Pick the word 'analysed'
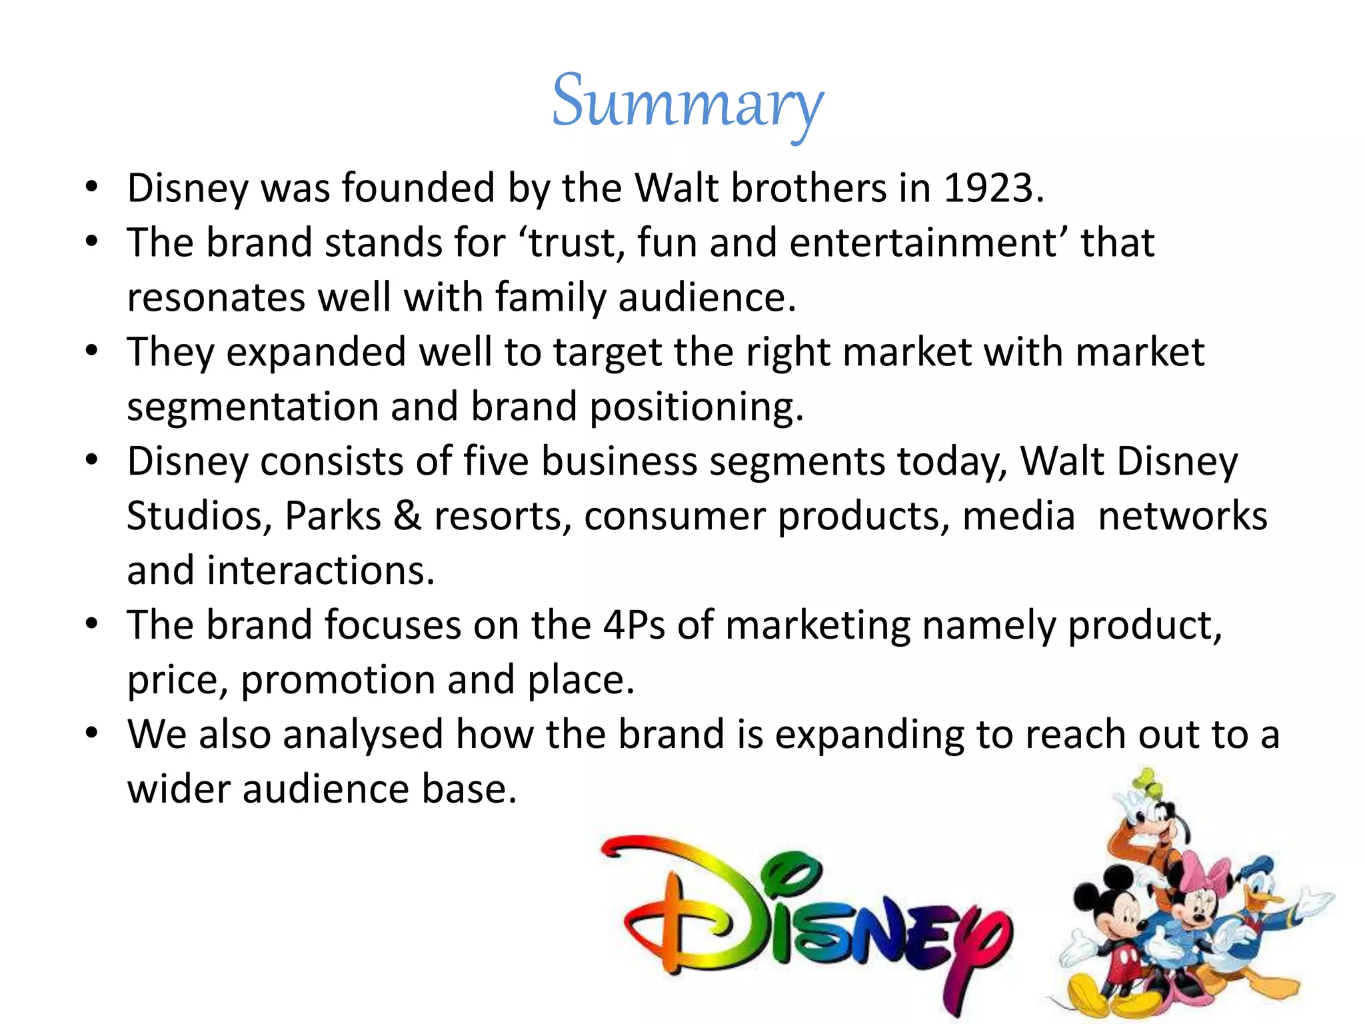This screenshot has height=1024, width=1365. pyautogui.click(x=363, y=735)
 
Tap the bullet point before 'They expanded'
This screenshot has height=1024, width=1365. pyautogui.click(x=92, y=349)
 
